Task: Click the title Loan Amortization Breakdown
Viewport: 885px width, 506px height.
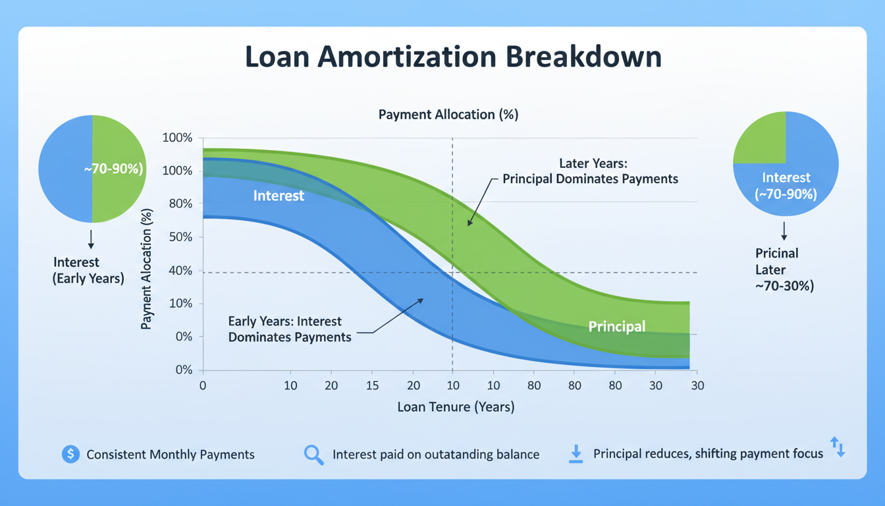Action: pos(453,57)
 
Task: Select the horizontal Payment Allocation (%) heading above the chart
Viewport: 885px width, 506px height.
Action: pos(448,115)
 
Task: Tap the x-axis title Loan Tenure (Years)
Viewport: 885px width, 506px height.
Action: pos(456,407)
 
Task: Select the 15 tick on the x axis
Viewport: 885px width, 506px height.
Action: pos(372,385)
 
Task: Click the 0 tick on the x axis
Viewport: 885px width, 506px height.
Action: pos(203,385)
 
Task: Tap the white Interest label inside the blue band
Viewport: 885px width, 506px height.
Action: pos(279,196)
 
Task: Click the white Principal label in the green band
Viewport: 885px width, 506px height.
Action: pos(616,326)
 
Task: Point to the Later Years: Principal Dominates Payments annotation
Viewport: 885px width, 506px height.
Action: pos(590,171)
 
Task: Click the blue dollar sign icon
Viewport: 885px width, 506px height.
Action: pos(70,454)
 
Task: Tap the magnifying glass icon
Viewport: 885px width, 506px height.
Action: pos(313,455)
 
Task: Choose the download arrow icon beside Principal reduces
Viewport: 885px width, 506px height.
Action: pos(576,454)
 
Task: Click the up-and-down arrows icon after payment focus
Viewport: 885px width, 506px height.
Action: pos(837,447)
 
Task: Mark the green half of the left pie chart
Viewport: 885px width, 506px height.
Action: pos(119,169)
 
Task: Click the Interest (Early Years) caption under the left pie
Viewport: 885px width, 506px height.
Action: pos(88,271)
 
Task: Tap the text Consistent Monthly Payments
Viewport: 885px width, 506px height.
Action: pos(171,455)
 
